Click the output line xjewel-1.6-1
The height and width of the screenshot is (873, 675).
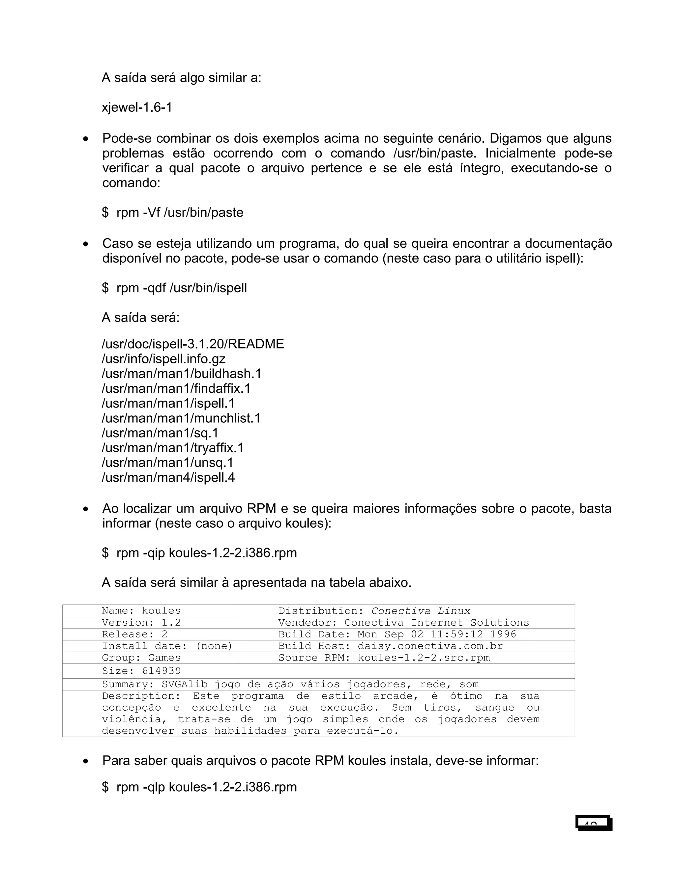tap(137, 107)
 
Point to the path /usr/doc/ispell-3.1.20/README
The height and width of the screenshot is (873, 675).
tap(193, 344)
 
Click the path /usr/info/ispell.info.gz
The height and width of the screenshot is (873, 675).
tap(163, 358)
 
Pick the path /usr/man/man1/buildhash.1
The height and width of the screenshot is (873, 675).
tap(182, 374)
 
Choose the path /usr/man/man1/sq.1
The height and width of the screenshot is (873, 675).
tap(160, 433)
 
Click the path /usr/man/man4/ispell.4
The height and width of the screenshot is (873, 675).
tap(168, 477)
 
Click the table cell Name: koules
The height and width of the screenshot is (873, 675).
tap(141, 611)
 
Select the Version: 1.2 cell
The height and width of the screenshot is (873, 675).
tap(141, 623)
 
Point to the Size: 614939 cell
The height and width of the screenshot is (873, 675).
tap(141, 671)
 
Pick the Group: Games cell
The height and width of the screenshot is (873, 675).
tap(141, 658)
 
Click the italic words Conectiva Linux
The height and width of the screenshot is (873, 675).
tap(421, 611)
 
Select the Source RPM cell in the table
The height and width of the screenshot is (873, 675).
tap(384, 658)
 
